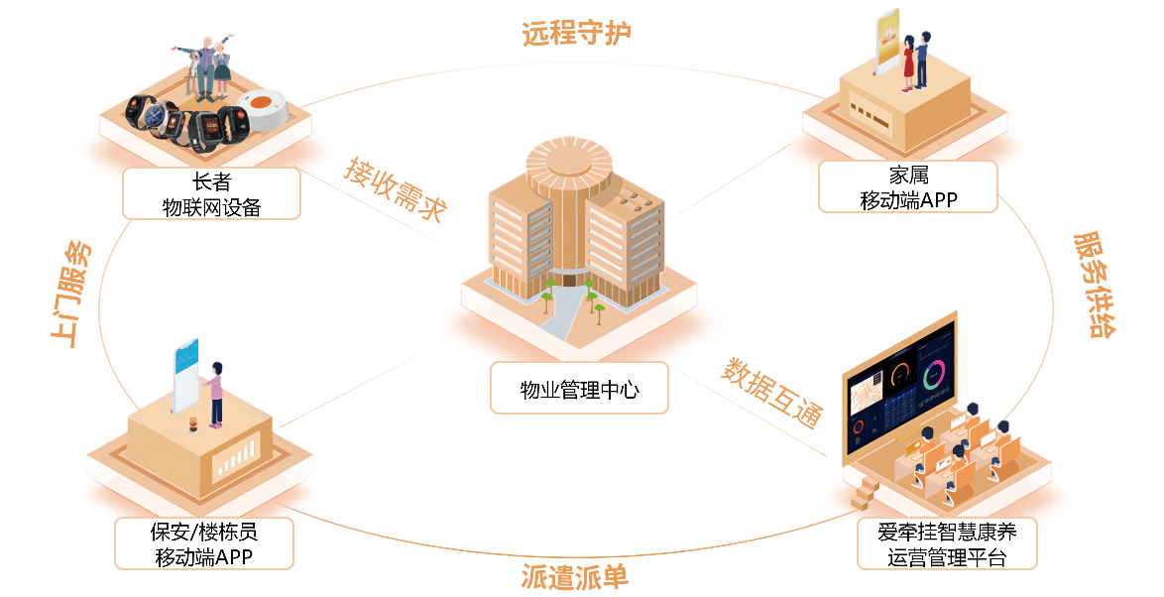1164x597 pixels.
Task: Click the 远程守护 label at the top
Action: pos(576,33)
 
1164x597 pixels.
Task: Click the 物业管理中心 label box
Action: pos(579,390)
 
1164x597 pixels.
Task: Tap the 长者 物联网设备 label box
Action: pos(211,194)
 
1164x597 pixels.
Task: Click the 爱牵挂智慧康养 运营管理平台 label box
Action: pos(947,543)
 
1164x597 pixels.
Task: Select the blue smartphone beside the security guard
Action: pos(185,376)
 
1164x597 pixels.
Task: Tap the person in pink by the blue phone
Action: pos(215,392)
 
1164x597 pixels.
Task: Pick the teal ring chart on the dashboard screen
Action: pos(934,376)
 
